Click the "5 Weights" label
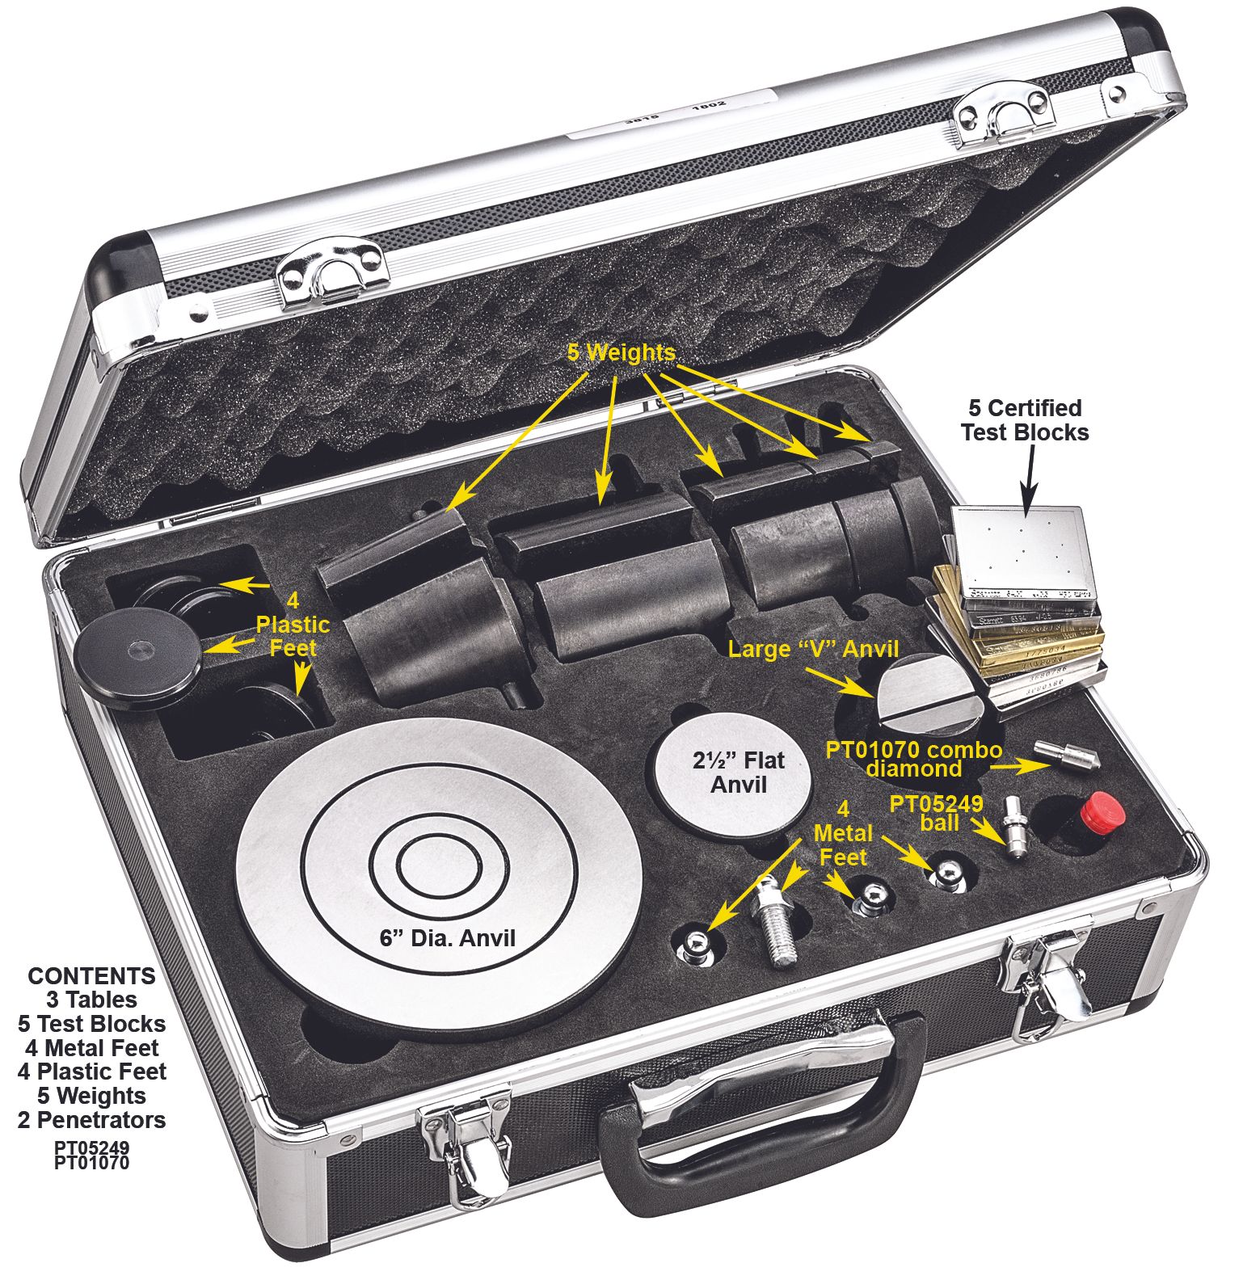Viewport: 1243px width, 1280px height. point(621,353)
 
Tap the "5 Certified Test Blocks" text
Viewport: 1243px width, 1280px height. point(1024,419)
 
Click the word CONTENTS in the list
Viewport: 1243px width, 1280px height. point(91,975)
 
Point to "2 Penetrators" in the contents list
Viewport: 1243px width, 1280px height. point(91,1120)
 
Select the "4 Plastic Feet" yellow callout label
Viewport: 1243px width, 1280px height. point(293,625)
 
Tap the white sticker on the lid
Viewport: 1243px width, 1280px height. point(671,109)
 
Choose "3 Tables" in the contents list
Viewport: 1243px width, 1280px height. point(91,1000)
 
